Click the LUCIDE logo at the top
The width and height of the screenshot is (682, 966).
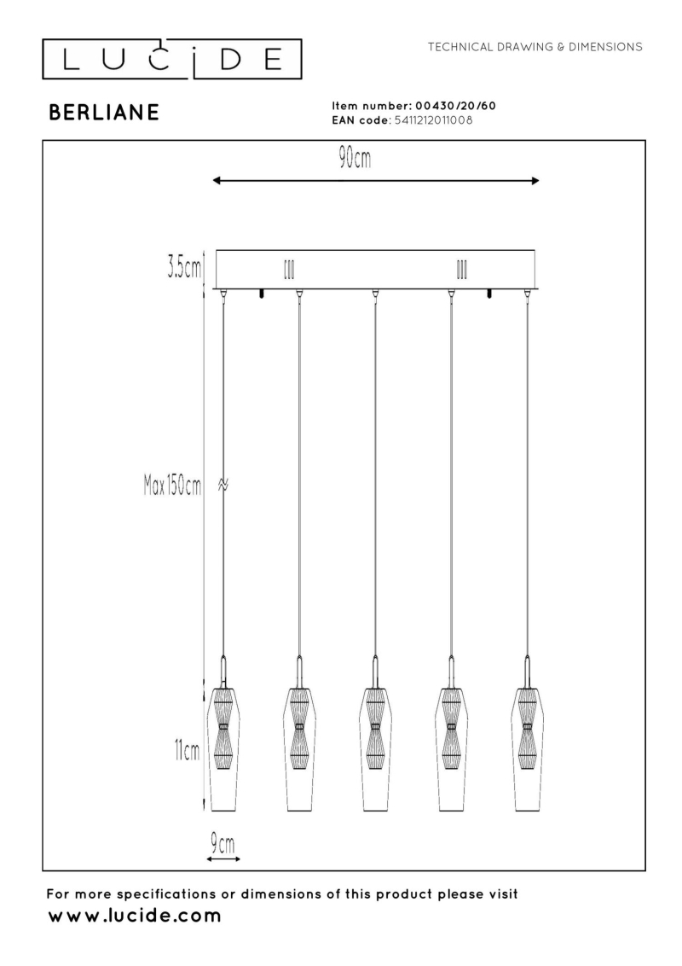click(x=171, y=59)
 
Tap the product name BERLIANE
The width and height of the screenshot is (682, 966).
click(x=104, y=112)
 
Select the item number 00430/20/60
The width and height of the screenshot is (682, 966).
click(x=455, y=106)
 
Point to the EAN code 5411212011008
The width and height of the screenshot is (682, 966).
click(x=433, y=120)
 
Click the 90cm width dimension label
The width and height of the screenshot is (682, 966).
click(x=355, y=159)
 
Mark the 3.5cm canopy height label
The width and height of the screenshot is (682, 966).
click(x=184, y=269)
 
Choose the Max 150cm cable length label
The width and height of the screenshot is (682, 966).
click(x=171, y=486)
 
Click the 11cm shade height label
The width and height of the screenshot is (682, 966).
click(x=187, y=751)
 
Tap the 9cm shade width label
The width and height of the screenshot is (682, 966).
click(x=223, y=843)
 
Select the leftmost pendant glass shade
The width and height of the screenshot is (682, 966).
click(x=224, y=748)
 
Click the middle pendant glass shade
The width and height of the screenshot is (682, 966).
click(x=374, y=748)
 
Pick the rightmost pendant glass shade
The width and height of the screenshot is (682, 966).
click(x=526, y=748)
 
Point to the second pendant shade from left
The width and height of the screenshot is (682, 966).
click(x=299, y=748)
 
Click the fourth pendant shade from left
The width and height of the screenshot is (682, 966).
click(x=451, y=748)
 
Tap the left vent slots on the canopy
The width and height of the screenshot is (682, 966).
click(x=289, y=270)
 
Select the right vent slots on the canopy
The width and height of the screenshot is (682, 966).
click(x=461, y=270)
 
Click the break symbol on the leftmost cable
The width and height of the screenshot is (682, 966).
click(x=224, y=486)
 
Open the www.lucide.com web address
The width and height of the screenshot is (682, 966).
click(x=134, y=916)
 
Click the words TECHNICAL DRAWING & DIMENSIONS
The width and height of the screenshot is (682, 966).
click(x=535, y=47)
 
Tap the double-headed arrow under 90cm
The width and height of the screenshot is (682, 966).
click(x=375, y=181)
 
